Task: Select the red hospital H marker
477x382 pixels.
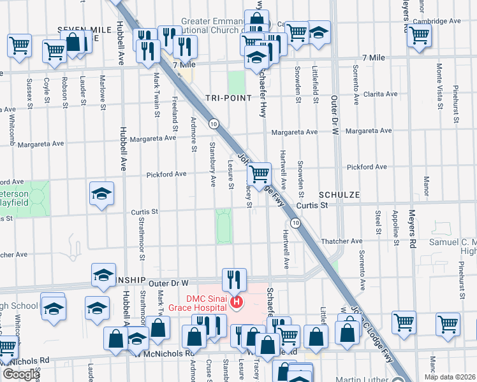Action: (x=237, y=302)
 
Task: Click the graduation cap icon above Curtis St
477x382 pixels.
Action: (x=101, y=195)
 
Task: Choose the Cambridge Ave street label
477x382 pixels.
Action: (x=437, y=21)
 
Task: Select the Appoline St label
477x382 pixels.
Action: (x=396, y=227)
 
